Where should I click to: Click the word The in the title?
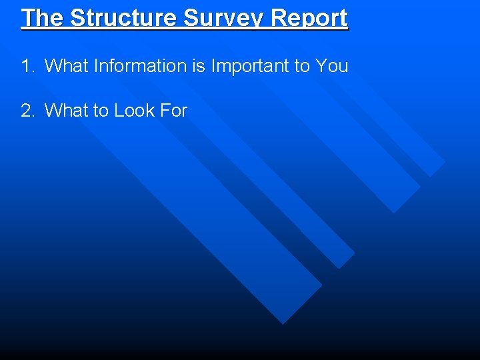coord(42,18)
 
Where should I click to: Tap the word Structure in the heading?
coord(114,18)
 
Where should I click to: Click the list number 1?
coord(27,66)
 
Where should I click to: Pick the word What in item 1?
coord(67,66)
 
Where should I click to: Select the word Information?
coord(150,66)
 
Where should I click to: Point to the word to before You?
coord(304,66)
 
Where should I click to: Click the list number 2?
coord(27,110)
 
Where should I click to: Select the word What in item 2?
coord(67,110)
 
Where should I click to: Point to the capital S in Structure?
coord(77,18)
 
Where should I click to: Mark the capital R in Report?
coord(278,18)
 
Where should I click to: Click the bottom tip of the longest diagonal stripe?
coord(284,323)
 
